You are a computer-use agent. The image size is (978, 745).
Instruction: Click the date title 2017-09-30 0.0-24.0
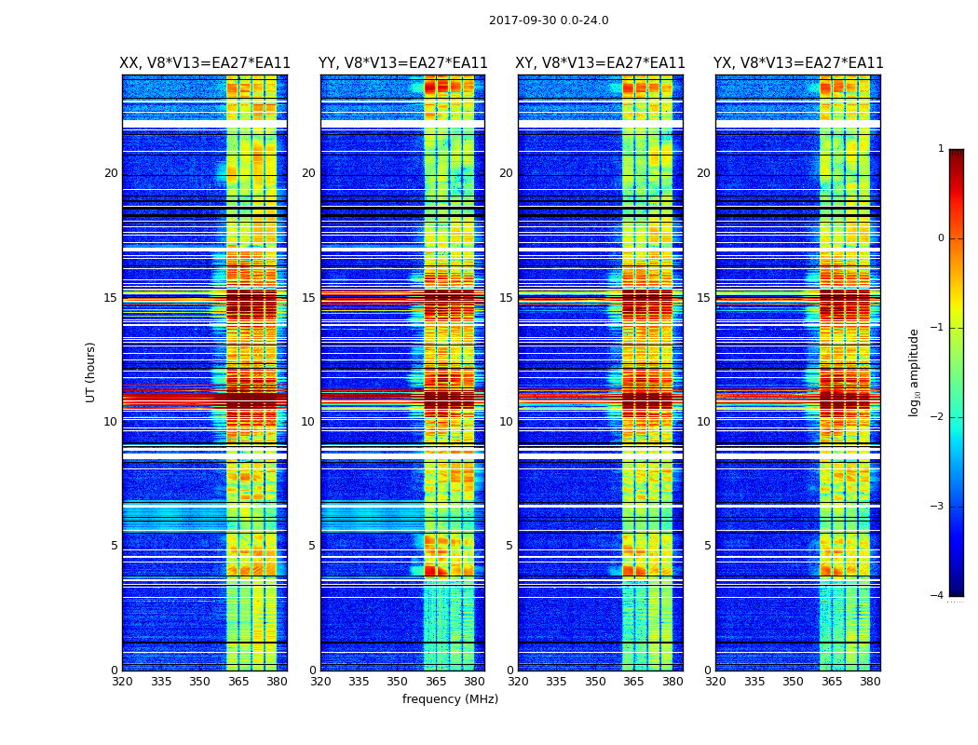(549, 20)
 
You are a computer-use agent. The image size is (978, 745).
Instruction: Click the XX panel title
(205, 63)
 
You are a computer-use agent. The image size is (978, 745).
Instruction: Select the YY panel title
(402, 63)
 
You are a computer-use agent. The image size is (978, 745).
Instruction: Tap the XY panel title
(600, 63)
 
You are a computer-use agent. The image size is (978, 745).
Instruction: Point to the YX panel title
(798, 63)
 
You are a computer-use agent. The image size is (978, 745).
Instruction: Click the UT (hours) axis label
(91, 372)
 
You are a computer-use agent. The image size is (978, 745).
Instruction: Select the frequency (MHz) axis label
(450, 699)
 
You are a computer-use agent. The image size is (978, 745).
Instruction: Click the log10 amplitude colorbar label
(915, 372)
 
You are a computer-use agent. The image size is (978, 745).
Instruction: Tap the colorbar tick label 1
(941, 149)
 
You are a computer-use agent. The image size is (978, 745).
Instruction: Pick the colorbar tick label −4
(938, 596)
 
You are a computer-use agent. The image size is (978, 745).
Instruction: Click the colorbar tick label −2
(938, 417)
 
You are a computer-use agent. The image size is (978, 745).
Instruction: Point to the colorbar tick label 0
(941, 238)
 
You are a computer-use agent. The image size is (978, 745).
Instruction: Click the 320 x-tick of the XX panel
(122, 682)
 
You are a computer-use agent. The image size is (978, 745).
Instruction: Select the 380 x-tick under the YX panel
(870, 682)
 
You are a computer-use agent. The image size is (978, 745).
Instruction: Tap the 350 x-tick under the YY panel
(397, 682)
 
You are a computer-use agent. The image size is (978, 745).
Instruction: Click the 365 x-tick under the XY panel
(633, 682)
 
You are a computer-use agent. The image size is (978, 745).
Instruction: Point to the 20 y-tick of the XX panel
(111, 173)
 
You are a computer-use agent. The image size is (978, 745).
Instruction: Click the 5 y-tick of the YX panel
(707, 546)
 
